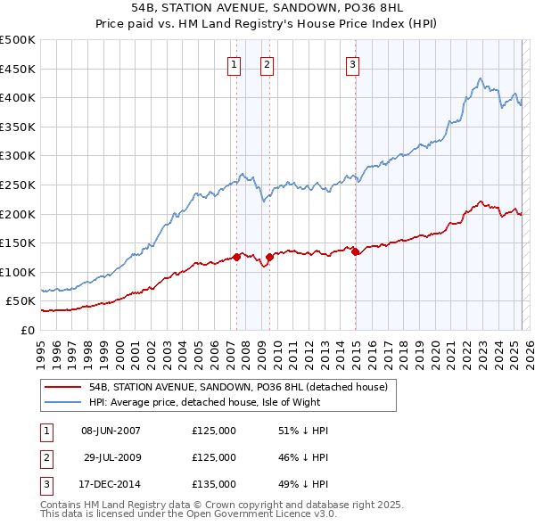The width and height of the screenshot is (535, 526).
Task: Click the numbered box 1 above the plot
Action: click(234, 63)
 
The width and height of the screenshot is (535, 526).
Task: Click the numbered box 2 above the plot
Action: click(267, 63)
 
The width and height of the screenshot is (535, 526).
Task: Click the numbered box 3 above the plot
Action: click(352, 63)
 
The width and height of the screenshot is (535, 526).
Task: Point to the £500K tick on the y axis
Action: click(18, 40)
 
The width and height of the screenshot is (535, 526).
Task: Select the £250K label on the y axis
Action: click(18, 185)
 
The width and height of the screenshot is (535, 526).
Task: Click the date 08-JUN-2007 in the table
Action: click(111, 431)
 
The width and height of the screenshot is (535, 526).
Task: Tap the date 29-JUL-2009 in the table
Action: click(111, 457)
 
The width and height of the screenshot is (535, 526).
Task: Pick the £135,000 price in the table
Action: click(214, 484)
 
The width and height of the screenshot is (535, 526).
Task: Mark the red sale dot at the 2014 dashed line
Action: click(355, 251)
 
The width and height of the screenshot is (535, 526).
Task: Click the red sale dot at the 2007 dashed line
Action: click(237, 257)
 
